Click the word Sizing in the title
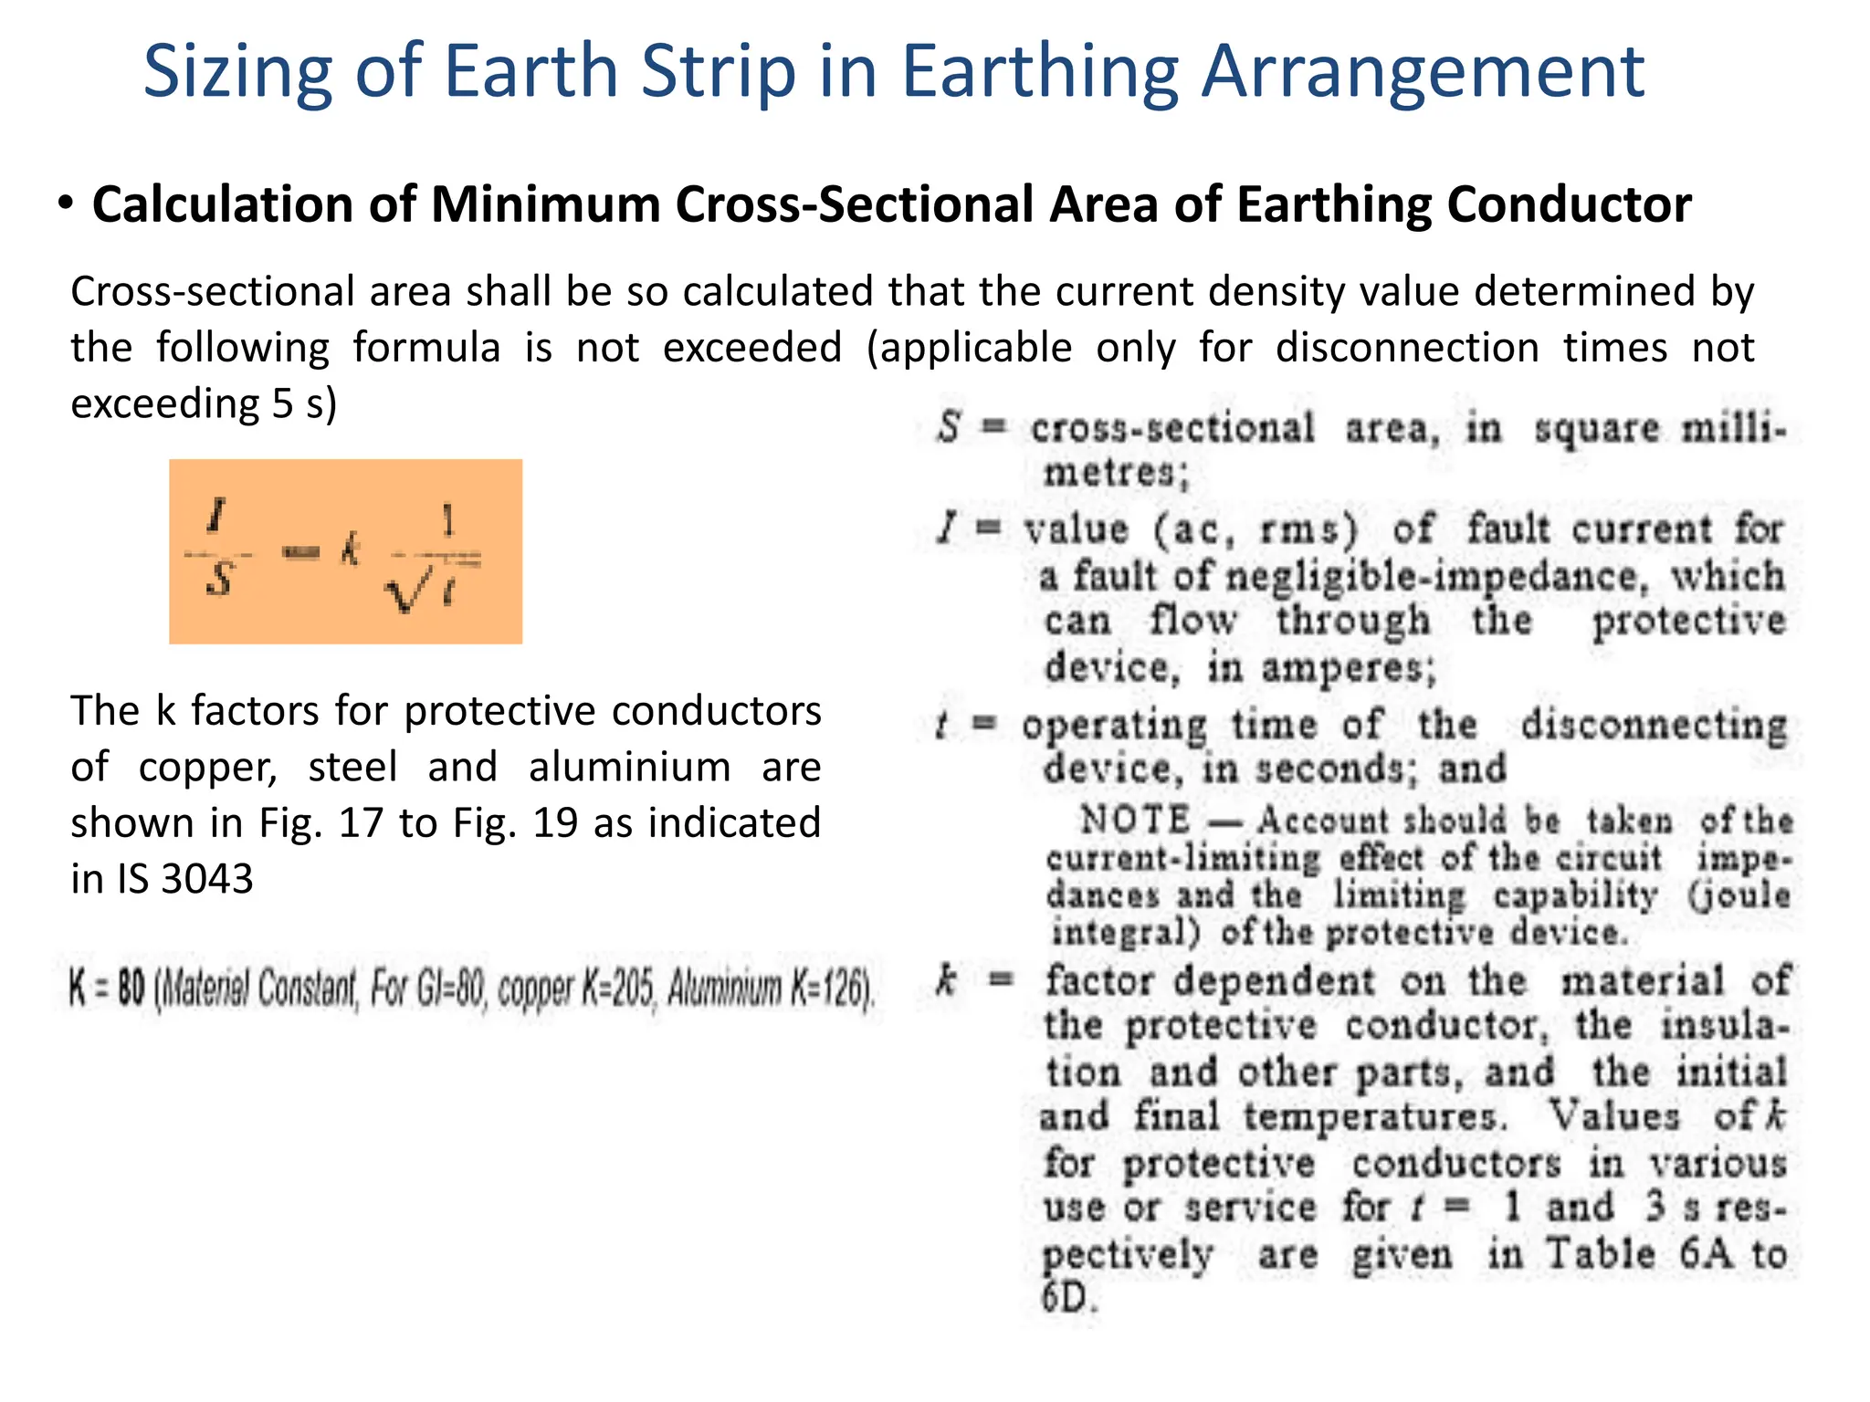coord(237,73)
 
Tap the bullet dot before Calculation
coord(65,203)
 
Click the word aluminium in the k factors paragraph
coord(629,767)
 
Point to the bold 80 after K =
coord(131,989)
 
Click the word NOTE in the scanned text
coord(1135,820)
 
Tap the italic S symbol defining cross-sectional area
coord(950,427)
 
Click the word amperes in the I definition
coord(1348,668)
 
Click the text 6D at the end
coord(1067,1297)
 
